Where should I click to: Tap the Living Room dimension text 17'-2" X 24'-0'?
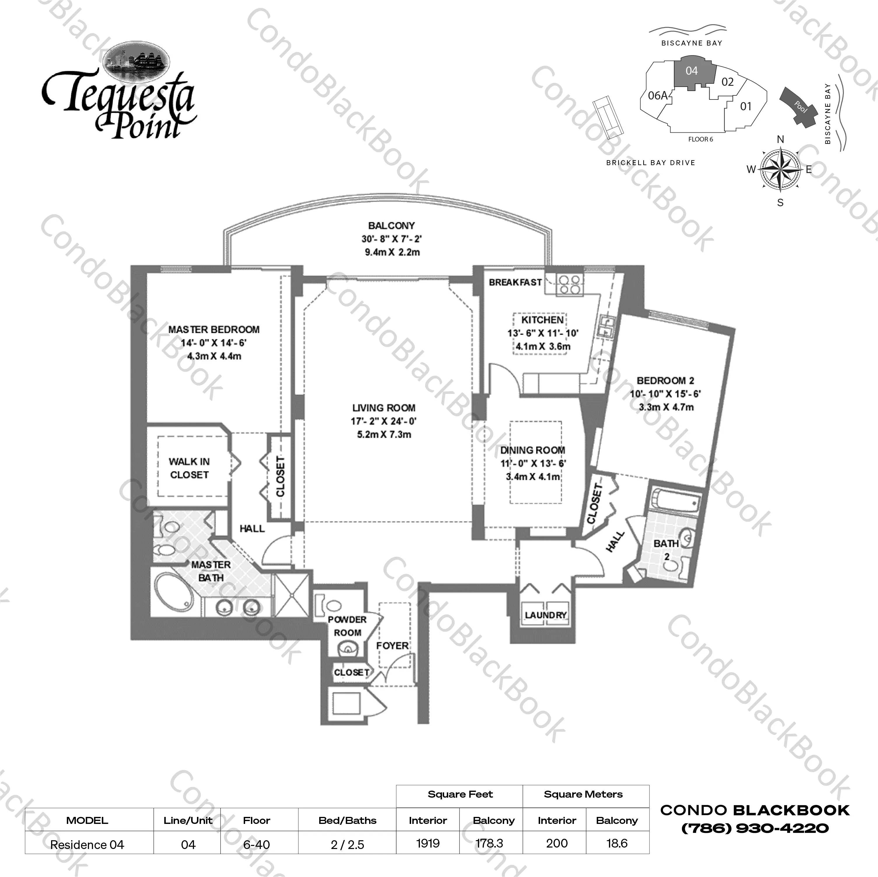point(383,421)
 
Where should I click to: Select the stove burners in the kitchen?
point(569,285)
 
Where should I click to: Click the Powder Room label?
point(347,626)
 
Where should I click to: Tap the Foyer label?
point(392,646)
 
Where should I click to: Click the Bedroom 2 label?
point(665,381)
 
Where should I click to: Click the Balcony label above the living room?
point(391,226)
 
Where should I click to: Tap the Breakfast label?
point(515,282)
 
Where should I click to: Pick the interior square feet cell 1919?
point(428,843)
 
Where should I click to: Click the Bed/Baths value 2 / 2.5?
point(347,845)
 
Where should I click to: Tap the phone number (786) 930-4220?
point(755,828)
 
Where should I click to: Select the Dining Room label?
point(533,450)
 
